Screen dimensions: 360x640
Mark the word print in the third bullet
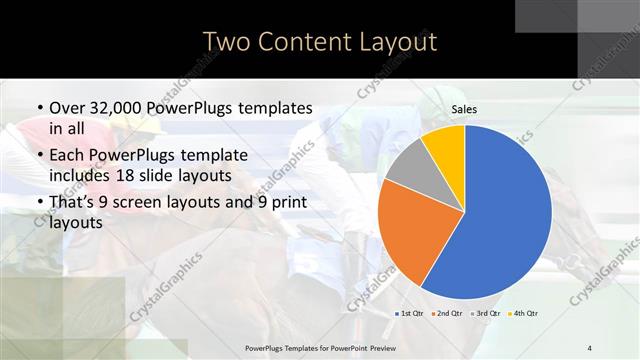(x=287, y=203)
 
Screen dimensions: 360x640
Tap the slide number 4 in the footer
(x=589, y=346)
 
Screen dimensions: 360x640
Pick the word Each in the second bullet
(x=66, y=155)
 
